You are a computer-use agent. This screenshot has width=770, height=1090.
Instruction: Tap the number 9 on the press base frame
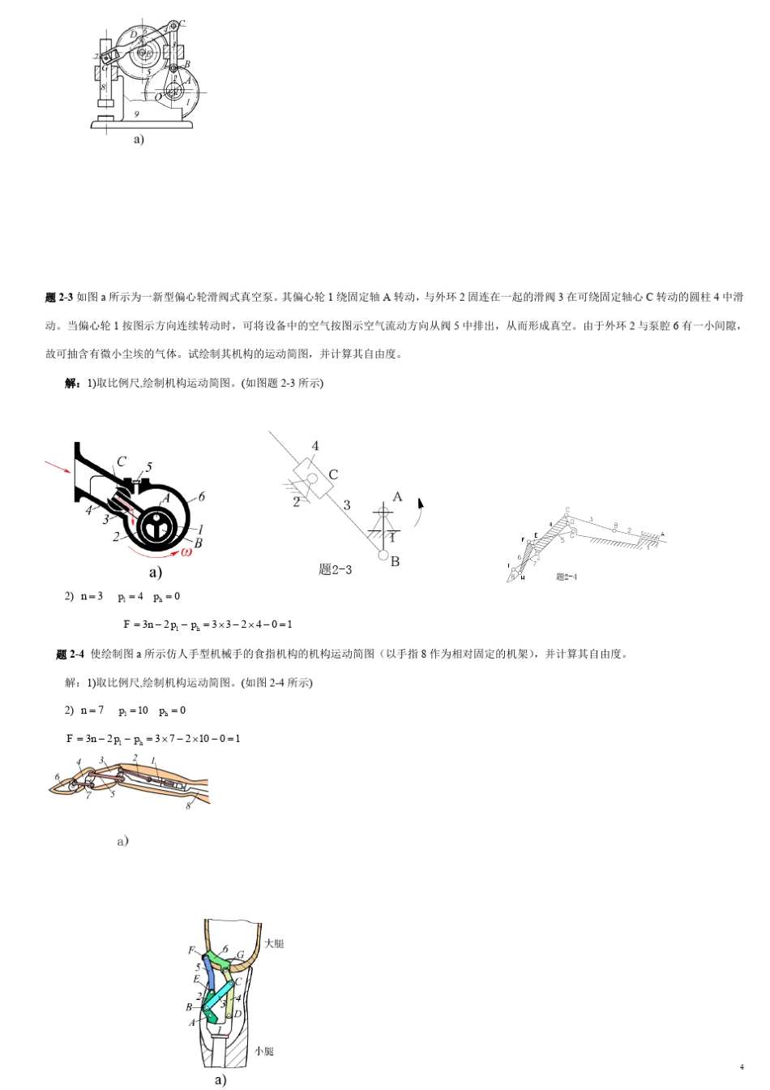(x=137, y=114)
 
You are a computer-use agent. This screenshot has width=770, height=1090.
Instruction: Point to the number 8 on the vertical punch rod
(x=103, y=86)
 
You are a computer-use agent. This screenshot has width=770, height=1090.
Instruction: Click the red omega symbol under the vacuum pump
(x=186, y=551)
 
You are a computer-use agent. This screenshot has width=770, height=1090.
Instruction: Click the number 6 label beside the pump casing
(x=202, y=496)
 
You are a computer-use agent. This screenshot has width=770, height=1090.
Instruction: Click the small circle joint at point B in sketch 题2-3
(x=383, y=556)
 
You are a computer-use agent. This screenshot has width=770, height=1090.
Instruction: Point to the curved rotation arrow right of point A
(x=420, y=511)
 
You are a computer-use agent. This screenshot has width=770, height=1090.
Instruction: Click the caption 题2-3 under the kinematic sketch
(x=335, y=570)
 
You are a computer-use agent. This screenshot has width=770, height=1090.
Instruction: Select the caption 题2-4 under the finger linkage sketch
(x=567, y=577)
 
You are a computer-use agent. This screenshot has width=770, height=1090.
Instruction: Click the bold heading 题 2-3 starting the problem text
(x=59, y=298)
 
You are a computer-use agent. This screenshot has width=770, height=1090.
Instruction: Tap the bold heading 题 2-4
(x=70, y=654)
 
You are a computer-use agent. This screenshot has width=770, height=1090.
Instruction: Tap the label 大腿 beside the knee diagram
(x=274, y=944)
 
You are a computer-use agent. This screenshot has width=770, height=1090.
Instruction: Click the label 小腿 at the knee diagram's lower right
(x=264, y=1051)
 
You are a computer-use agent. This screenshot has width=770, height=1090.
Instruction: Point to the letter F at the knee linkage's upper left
(x=191, y=951)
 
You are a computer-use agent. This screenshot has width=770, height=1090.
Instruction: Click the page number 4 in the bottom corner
(x=741, y=1066)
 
